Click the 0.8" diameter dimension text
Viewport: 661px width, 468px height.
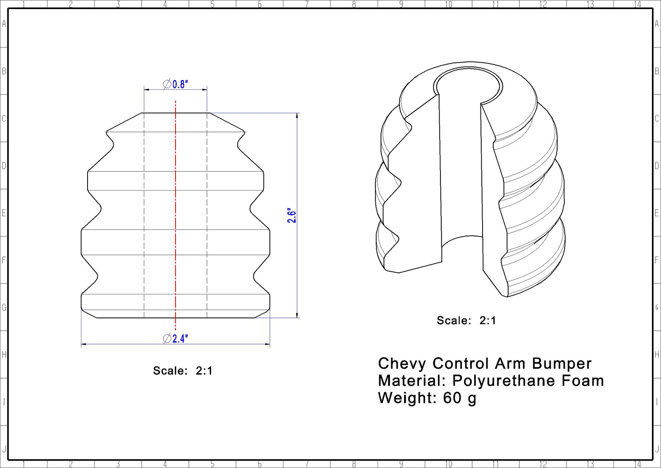pos(180,84)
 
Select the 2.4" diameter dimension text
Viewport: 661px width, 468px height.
pos(180,339)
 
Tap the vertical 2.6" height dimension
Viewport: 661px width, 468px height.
pos(292,215)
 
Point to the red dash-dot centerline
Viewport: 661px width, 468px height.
pos(176,215)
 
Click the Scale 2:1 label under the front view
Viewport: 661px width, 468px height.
pos(183,370)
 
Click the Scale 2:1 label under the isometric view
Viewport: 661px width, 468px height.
pos(466,320)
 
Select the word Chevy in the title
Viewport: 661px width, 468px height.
pos(402,364)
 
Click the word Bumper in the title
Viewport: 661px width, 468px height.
pos(561,364)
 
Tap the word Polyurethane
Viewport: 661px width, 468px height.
pos(504,381)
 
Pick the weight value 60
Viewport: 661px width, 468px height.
pos(452,398)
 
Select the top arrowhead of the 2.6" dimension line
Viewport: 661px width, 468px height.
pos(297,116)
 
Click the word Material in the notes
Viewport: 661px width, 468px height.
pos(411,381)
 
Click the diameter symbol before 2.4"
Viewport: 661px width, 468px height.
pos(167,339)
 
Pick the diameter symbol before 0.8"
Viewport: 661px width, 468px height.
pos(167,84)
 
